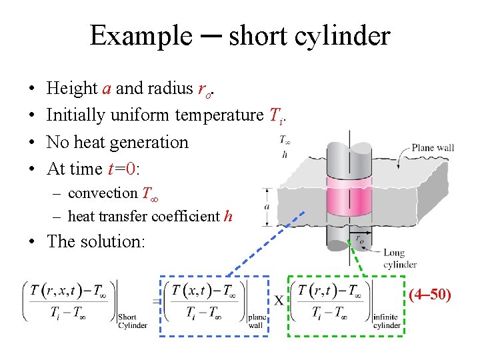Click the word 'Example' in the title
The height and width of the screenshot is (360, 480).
(x=140, y=35)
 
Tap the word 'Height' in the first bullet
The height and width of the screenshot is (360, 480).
(x=72, y=89)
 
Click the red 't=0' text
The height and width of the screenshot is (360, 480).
(x=122, y=169)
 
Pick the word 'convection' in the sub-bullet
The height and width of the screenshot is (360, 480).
(x=103, y=193)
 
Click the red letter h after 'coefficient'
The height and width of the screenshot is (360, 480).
(x=229, y=216)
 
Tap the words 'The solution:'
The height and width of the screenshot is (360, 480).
(x=96, y=241)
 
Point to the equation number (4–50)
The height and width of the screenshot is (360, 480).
(x=430, y=293)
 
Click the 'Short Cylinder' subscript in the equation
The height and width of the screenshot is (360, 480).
(x=133, y=321)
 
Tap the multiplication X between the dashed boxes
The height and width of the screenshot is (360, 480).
(x=279, y=301)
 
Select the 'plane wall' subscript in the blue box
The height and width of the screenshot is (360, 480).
(x=257, y=321)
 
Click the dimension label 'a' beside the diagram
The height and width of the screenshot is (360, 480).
(x=267, y=207)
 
